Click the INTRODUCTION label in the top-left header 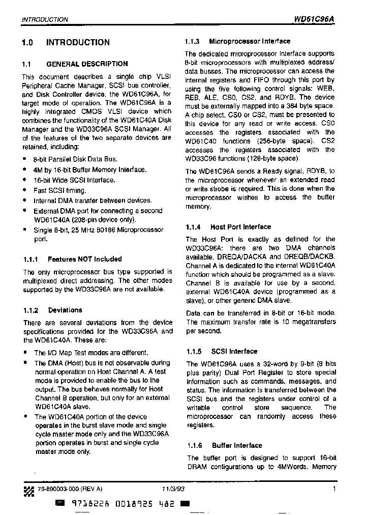45,20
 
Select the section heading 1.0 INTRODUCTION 66,43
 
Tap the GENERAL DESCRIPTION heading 87,64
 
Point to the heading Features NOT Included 84,259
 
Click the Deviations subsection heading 65,310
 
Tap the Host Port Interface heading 240,227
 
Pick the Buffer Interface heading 237,445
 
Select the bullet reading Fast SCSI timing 59,190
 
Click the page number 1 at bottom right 334,489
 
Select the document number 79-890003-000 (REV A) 70,489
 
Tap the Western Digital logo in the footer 28,489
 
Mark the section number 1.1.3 192,41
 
